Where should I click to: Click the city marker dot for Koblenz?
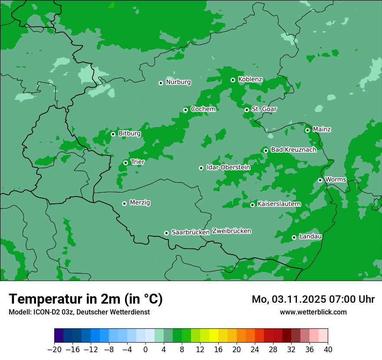233,80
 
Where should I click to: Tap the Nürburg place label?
178,82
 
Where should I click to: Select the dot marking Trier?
126,163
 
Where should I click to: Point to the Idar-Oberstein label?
228,167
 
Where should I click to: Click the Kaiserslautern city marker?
252,205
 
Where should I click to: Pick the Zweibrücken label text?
231,231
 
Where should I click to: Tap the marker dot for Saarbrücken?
166,233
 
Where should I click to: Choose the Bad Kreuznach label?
293,150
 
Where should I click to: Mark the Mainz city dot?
308,130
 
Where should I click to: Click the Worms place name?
335,180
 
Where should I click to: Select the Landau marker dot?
294,237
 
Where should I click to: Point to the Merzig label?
140,203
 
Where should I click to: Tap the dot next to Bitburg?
113,134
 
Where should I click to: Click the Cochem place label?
203,109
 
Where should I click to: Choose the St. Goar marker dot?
247,110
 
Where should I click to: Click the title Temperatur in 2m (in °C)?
86,299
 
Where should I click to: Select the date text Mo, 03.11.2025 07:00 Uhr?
313,299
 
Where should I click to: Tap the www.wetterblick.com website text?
313,312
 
